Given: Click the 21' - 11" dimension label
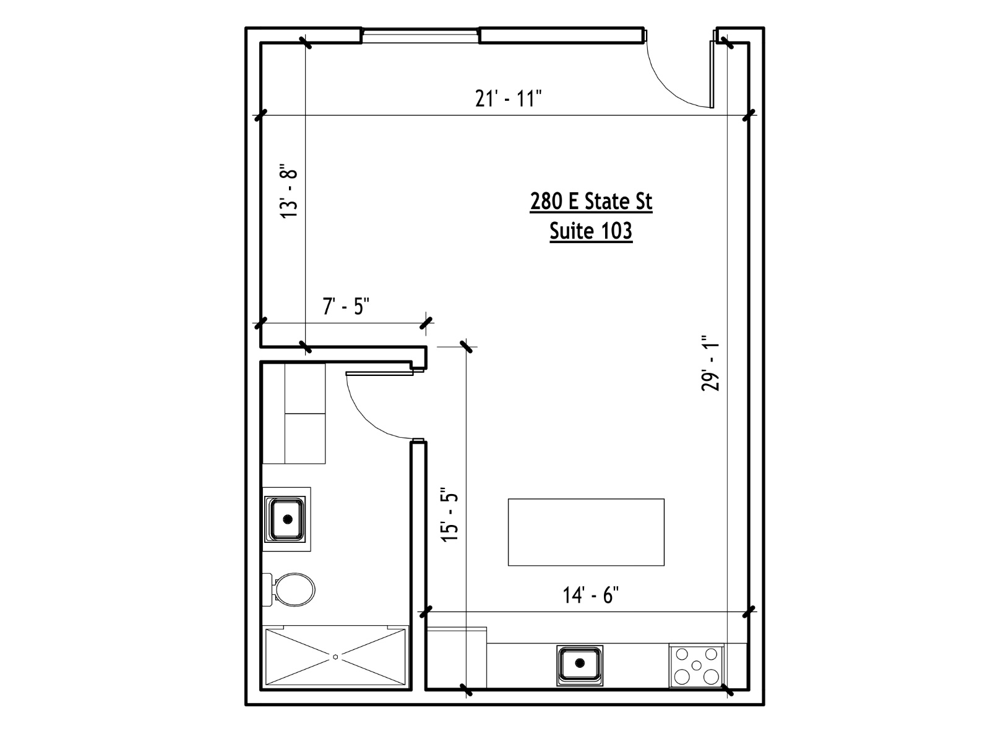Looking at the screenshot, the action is [x=508, y=99].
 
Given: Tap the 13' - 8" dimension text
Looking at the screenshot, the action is [x=289, y=192].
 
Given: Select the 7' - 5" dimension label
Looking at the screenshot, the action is [x=346, y=306].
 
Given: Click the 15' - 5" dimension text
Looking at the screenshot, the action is [x=450, y=514].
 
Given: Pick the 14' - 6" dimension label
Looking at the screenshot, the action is [x=590, y=595].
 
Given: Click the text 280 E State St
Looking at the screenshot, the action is [x=591, y=201].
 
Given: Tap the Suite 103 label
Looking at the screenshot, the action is [x=591, y=231].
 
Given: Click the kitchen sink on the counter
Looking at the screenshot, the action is [x=580, y=663].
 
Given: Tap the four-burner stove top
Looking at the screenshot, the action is [x=696, y=665].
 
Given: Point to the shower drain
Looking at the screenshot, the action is [x=335, y=657].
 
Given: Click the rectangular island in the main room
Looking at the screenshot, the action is [x=586, y=532].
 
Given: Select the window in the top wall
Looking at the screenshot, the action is [x=420, y=36].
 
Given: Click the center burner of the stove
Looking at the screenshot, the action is [x=696, y=665].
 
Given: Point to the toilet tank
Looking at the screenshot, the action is [x=268, y=590].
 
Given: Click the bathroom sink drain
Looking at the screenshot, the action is [x=287, y=519].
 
